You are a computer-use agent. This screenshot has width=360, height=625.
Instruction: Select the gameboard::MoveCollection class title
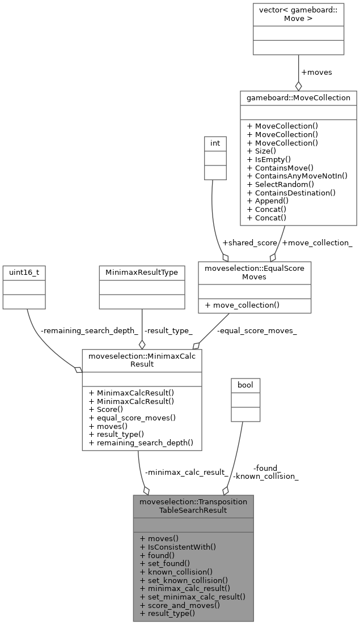tap(298, 97)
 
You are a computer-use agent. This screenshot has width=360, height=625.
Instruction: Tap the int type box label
tap(215, 143)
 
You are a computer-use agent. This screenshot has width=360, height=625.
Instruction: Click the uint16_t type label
tap(24, 273)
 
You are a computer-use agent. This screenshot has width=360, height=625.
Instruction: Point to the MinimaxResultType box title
tap(142, 273)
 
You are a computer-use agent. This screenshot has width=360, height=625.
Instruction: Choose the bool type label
tap(245, 385)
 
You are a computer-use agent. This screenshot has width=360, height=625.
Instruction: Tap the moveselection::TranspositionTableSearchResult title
tap(193, 505)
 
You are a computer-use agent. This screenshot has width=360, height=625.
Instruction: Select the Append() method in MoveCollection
tap(268, 201)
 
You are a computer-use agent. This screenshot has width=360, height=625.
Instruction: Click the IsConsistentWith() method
tap(177, 547)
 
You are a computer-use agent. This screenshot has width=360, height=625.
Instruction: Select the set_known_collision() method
tap(183, 580)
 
